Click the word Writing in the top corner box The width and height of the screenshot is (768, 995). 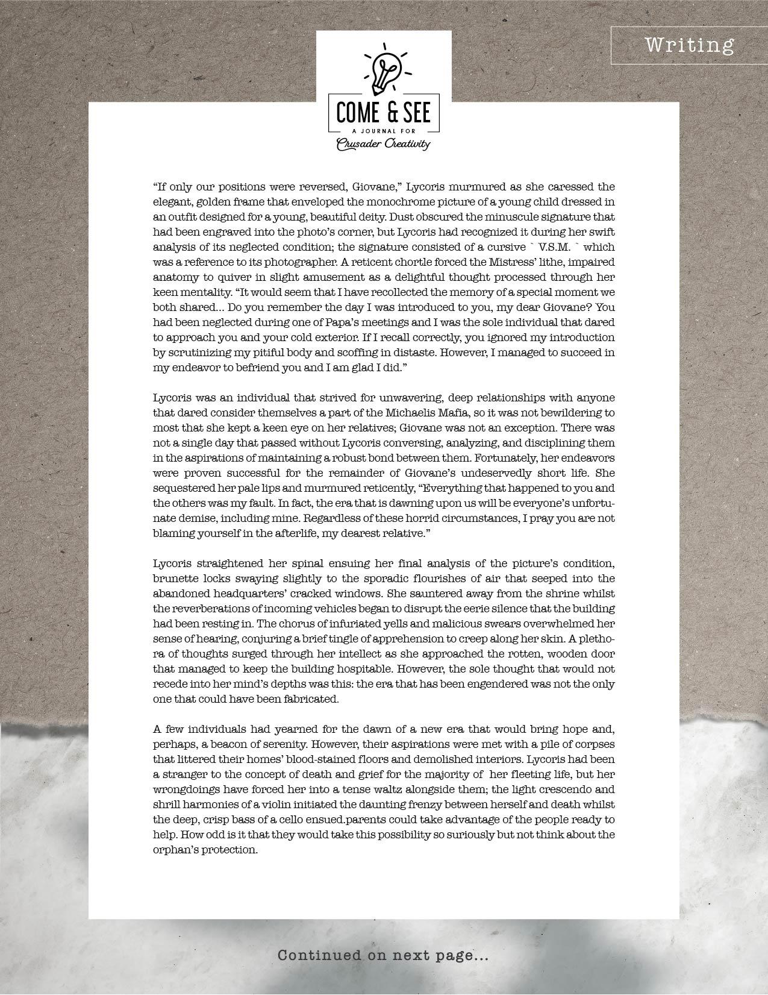pos(689,45)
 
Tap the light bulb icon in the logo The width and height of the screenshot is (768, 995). pos(384,69)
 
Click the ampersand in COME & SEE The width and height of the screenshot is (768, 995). pos(384,112)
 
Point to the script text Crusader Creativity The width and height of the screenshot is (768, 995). pos(383,143)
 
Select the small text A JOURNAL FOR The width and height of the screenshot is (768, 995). pos(383,130)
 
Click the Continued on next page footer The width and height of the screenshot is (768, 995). pos(382,955)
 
